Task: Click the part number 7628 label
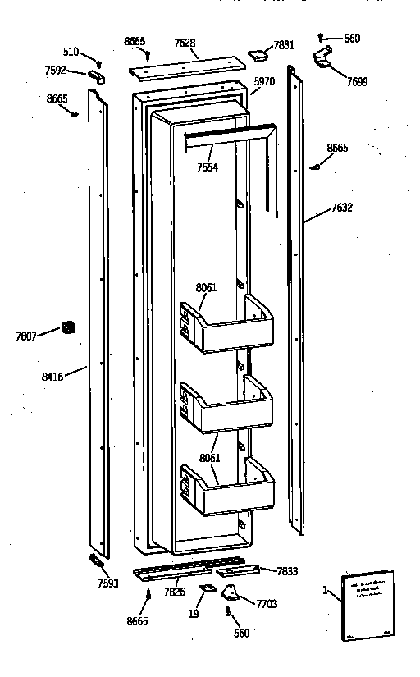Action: (x=185, y=43)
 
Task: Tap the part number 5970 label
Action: (x=263, y=81)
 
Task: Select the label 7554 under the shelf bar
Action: (x=208, y=167)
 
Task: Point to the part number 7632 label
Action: (x=341, y=208)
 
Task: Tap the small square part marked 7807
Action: (x=68, y=328)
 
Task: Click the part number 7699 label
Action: (x=357, y=82)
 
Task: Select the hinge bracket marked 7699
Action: (x=322, y=57)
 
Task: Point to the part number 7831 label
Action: (x=284, y=44)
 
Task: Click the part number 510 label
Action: (x=71, y=52)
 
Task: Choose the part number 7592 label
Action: (x=56, y=71)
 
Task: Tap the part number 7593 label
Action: (x=107, y=584)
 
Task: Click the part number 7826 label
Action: (x=175, y=592)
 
